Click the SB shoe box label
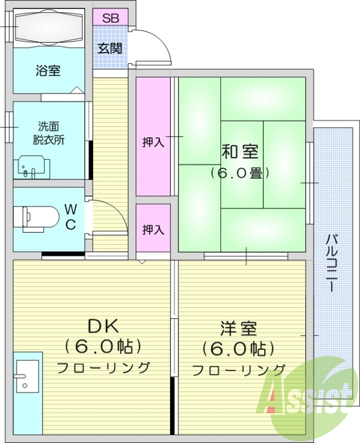point(110,17)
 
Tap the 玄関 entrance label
point(110,48)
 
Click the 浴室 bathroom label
point(48,71)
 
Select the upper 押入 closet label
point(153,142)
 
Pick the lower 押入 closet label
point(153,229)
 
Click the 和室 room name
point(240,151)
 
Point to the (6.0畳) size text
point(240,173)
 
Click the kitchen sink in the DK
point(27,375)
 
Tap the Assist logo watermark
point(308,394)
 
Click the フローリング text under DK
point(104,367)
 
